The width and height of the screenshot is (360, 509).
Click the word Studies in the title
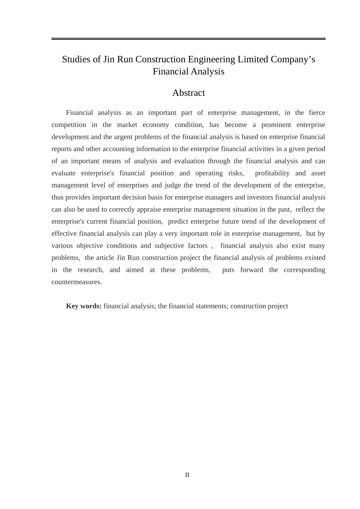(76, 59)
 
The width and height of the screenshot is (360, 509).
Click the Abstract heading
(188, 93)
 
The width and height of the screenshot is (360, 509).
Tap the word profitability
(272, 173)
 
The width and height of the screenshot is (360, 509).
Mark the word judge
(173, 185)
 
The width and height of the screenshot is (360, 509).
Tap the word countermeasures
(77, 282)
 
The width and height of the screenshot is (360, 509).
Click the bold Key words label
(84, 306)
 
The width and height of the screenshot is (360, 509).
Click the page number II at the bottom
(187, 475)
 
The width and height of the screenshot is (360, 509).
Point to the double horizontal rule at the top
(188, 39)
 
